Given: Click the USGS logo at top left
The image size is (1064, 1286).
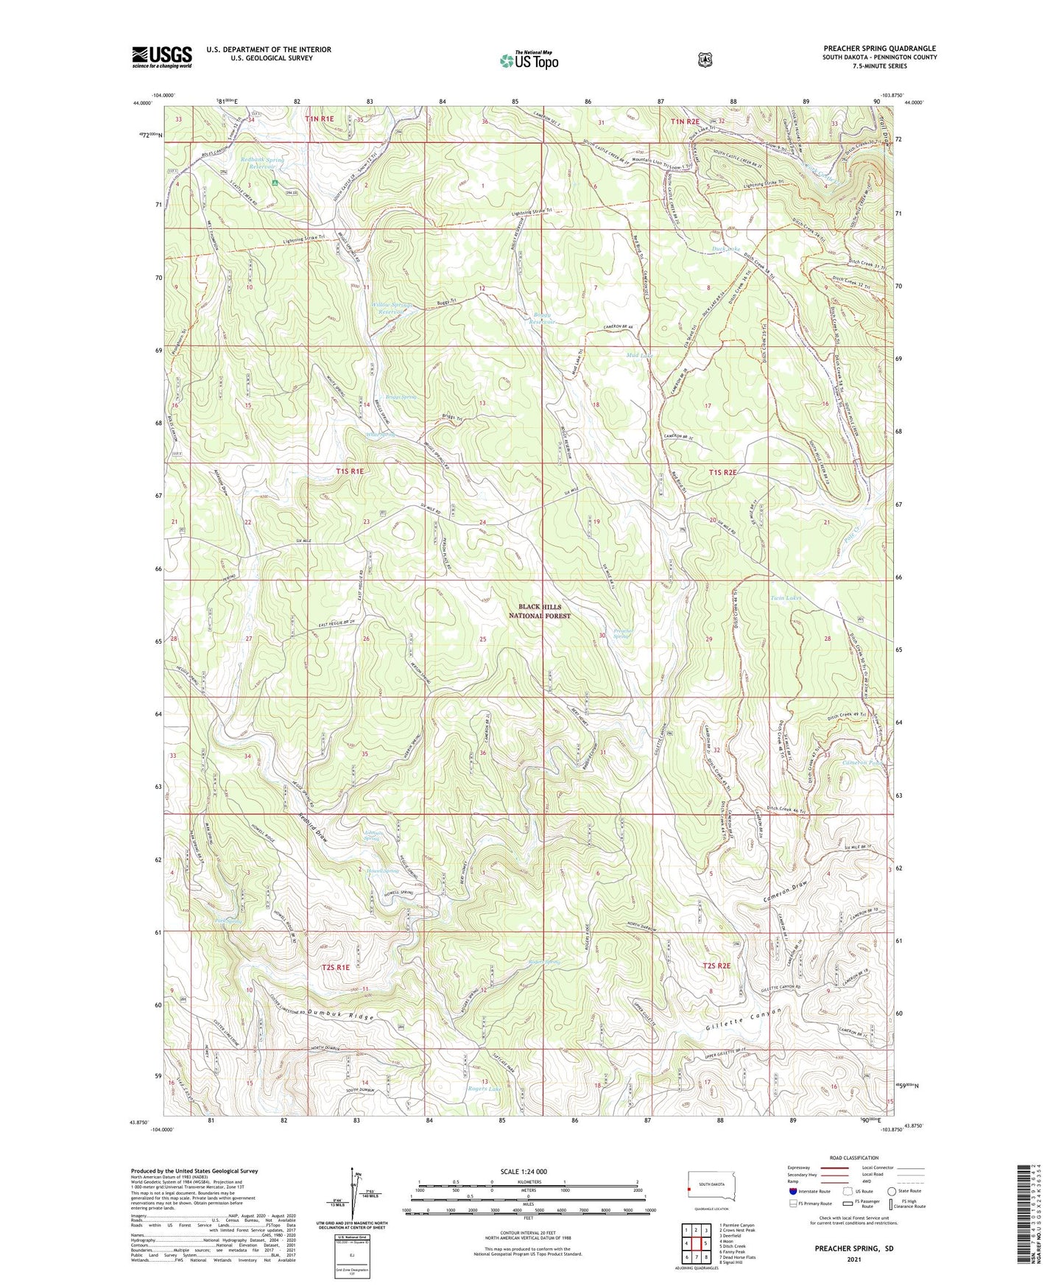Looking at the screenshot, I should coord(162,57).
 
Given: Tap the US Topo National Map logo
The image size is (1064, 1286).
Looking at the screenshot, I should coord(528,60).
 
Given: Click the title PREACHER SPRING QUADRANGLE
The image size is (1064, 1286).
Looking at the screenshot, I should coord(879,49).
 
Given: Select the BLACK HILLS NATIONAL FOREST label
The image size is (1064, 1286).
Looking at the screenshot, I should coord(540,611).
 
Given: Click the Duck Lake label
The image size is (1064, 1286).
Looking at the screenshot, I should coord(725,249).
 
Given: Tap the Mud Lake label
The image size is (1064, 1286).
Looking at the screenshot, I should coord(639,355).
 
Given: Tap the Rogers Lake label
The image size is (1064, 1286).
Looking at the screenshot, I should coord(485,1089).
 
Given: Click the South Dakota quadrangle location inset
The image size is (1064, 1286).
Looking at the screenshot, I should coord(711,1188).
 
